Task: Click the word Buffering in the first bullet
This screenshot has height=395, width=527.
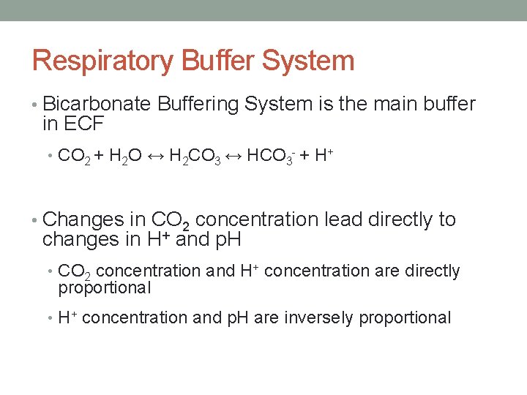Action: (197, 105)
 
